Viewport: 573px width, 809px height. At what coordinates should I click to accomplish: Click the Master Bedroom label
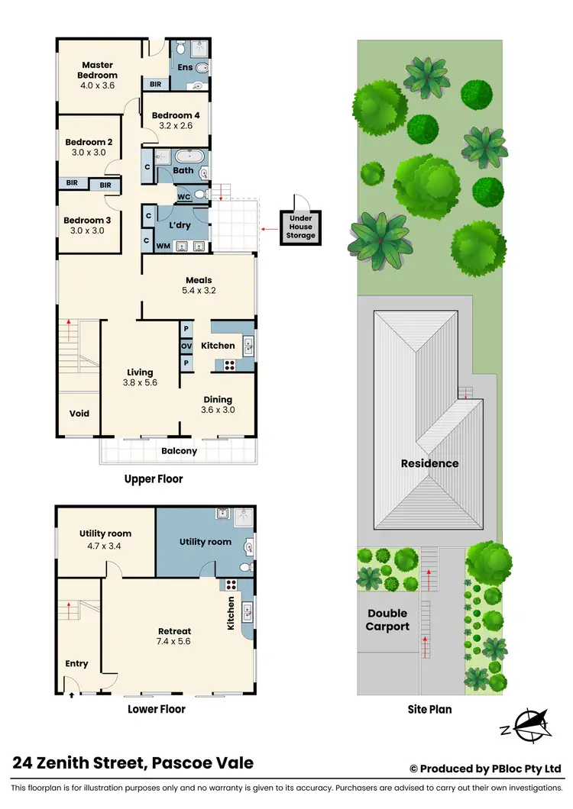tap(99, 70)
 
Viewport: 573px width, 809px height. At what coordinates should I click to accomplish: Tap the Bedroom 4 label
tap(171, 115)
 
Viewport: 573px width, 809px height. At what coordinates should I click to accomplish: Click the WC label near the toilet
tap(183, 197)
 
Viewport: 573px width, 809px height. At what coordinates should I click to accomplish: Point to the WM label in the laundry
tap(163, 246)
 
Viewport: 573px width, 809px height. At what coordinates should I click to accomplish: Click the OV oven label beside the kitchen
tap(186, 346)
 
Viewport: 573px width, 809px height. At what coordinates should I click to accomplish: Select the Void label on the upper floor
tap(79, 414)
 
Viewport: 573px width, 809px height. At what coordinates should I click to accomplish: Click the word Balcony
tap(179, 451)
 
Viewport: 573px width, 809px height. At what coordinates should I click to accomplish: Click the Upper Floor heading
tap(154, 479)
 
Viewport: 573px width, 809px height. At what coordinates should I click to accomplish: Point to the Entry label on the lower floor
tap(76, 664)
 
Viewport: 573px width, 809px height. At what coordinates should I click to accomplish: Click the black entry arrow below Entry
tap(71, 695)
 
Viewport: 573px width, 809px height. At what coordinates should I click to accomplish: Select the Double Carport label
tap(388, 620)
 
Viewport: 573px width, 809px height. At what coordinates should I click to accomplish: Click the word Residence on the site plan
tap(430, 463)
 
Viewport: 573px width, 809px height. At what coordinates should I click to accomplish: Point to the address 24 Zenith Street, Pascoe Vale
tap(133, 762)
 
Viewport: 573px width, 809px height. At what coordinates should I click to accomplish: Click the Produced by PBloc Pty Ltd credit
tap(486, 769)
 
